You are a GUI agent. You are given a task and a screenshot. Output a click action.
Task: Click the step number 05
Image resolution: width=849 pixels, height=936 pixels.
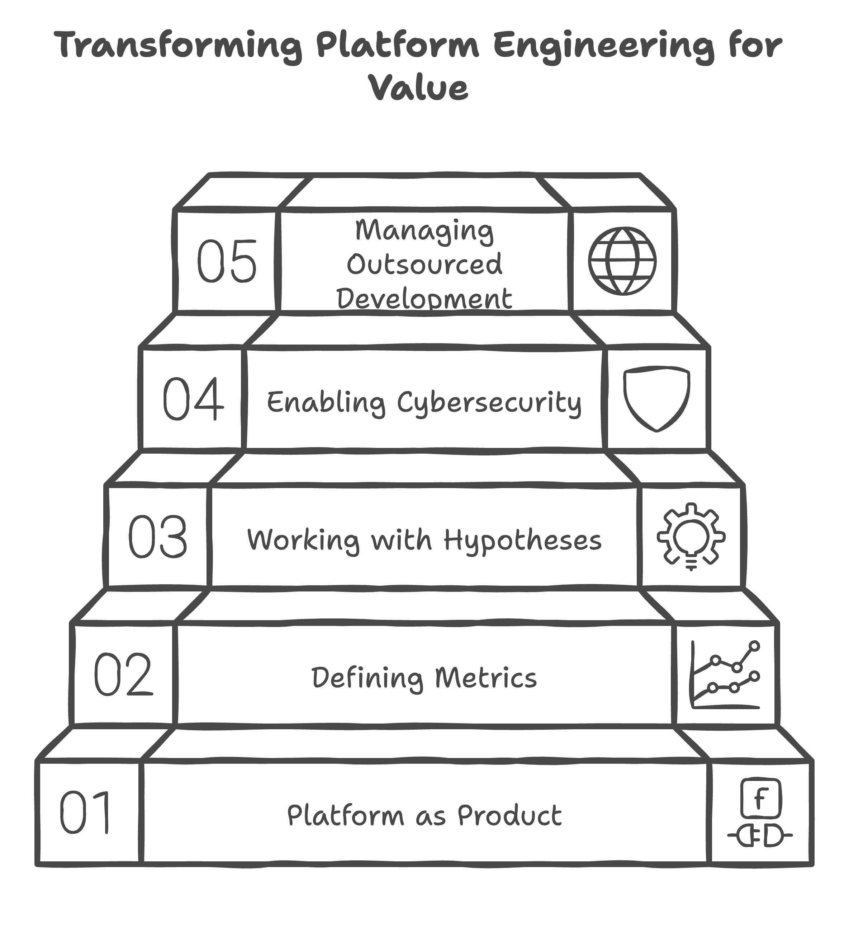coord(227,261)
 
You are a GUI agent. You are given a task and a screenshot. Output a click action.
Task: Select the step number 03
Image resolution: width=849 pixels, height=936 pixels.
coord(158,537)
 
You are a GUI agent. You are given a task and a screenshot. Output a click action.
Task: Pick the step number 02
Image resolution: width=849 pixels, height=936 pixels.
coord(123,675)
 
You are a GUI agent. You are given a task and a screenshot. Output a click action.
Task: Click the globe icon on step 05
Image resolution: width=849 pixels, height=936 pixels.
coord(622,261)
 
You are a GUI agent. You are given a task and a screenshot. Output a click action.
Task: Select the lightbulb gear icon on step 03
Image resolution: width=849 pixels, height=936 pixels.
coord(691,536)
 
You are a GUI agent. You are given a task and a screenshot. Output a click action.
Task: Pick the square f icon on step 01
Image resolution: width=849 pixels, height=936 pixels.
coord(760,799)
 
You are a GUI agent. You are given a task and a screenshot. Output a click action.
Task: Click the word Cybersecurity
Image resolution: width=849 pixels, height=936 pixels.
coord(489,403)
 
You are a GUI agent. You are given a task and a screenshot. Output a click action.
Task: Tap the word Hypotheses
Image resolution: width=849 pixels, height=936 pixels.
coord(522,540)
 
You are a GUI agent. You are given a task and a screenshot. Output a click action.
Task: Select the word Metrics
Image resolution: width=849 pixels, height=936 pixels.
coord(486,678)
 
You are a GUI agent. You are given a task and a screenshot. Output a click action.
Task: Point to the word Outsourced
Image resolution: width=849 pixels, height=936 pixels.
coord(424,264)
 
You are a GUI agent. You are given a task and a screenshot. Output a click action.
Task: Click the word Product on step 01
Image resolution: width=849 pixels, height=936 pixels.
coord(510,816)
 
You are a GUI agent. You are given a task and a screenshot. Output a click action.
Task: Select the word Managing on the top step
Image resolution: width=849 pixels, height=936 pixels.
coord(424,231)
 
